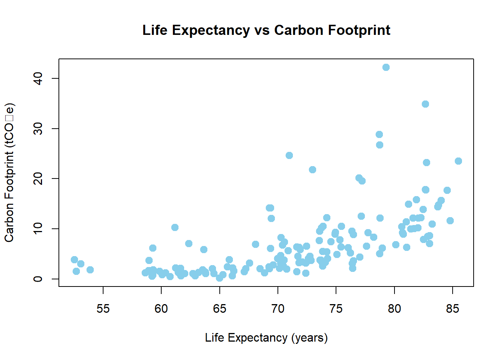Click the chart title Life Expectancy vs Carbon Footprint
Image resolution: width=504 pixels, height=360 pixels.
tap(266, 30)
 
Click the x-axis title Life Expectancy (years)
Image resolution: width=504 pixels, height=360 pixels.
tap(266, 337)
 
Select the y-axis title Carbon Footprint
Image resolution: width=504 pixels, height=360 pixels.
tap(9, 172)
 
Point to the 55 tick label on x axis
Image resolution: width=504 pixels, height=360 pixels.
tap(103, 309)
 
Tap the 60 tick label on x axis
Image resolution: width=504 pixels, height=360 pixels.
tap(161, 309)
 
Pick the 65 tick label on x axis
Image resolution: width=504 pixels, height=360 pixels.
tap(219, 309)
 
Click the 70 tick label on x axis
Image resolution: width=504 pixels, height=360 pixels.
tap(278, 309)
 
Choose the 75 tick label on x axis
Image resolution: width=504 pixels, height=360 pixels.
tap(336, 309)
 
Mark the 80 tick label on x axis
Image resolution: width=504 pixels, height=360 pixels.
tap(394, 309)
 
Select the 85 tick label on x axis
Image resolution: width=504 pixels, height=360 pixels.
tap(453, 309)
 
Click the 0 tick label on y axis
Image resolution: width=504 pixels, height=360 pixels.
tap(38, 279)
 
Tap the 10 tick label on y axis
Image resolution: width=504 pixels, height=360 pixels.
tap(38, 229)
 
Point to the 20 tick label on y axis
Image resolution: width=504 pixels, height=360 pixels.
tap(38, 178)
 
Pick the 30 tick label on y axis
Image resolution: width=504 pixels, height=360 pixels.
tap(38, 129)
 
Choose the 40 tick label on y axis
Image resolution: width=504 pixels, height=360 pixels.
tap(38, 78)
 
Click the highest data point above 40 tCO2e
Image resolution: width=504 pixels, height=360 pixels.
tap(386, 67)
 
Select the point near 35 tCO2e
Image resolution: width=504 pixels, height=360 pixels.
tap(425, 104)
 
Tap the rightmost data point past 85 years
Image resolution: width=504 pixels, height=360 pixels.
tap(458, 161)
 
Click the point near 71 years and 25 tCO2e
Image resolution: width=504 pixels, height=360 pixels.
tap(289, 155)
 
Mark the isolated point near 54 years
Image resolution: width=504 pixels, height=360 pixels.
tap(90, 270)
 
